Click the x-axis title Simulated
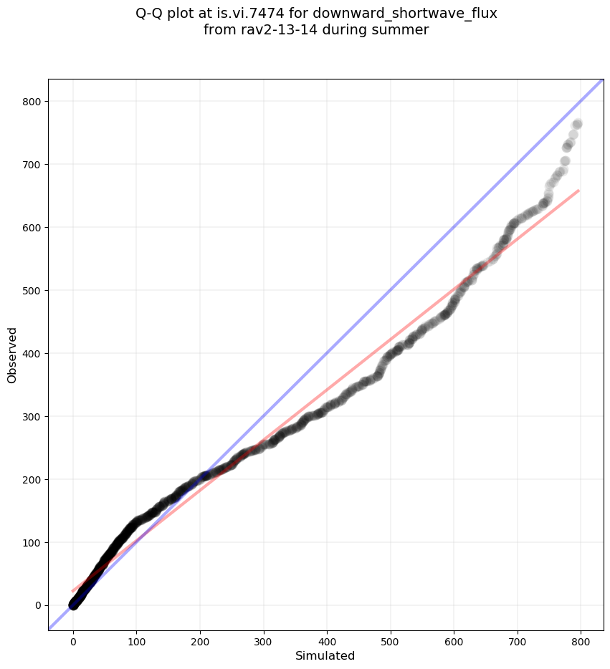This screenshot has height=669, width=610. [x=325, y=655]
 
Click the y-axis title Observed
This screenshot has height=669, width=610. [x=12, y=355]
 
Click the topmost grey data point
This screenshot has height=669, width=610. [x=577, y=124]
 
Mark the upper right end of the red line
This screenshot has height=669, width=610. [x=578, y=191]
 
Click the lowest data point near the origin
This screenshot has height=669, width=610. [x=73, y=605]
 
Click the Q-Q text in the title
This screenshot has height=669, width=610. [x=151, y=14]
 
